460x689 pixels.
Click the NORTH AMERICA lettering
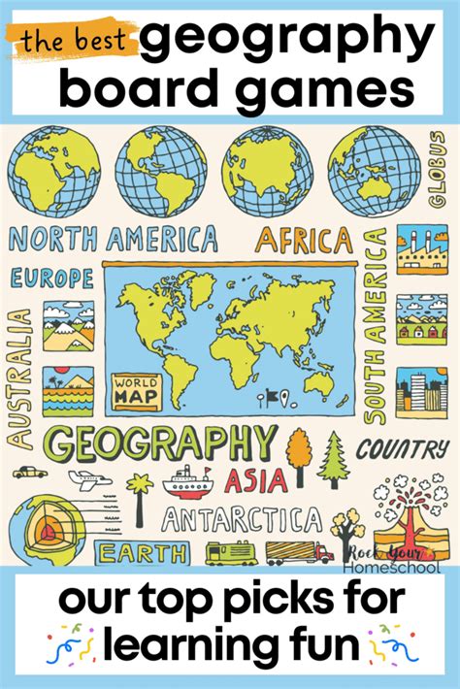point(114,239)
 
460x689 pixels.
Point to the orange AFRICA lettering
point(303,239)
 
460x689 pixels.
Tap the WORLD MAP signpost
point(136,387)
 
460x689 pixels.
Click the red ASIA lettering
point(256,478)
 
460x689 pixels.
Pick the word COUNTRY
point(402,449)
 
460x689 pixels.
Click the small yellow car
point(29,472)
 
